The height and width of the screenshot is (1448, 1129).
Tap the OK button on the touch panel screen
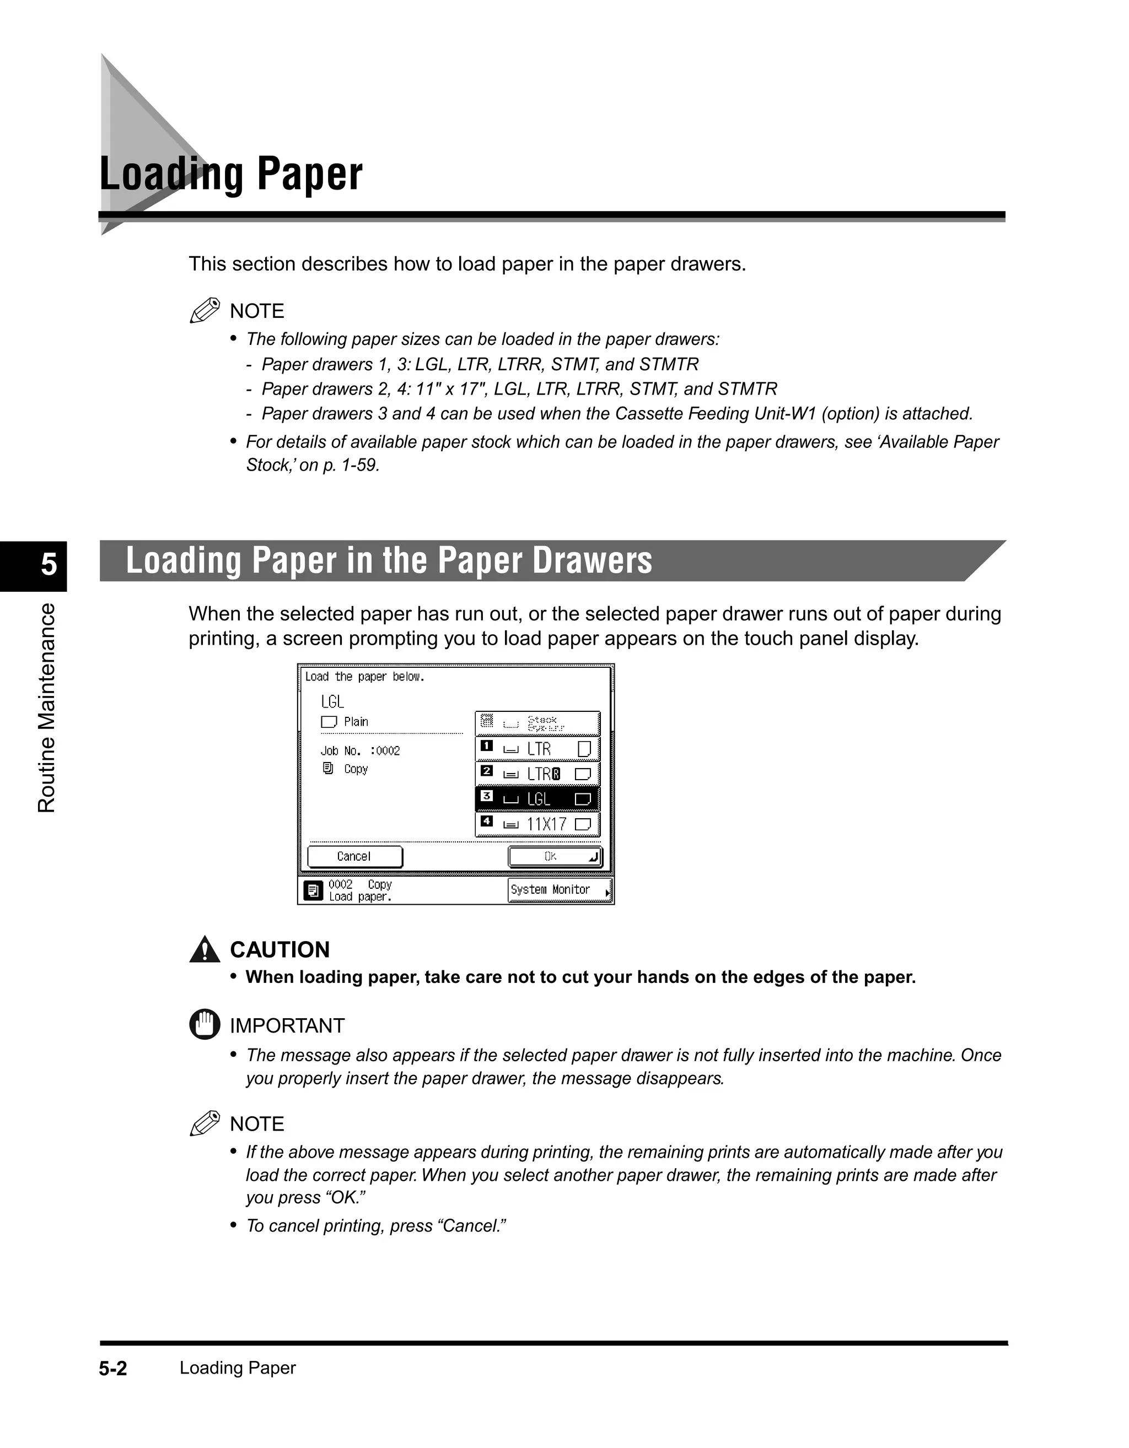coord(555,857)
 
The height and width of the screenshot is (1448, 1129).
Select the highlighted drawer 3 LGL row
coord(537,799)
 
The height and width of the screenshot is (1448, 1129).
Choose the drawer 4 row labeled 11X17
coord(537,824)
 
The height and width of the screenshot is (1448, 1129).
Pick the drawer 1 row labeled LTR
coord(537,749)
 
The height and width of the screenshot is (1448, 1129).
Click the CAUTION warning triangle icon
coord(205,949)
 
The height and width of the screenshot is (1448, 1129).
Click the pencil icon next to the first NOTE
coord(205,310)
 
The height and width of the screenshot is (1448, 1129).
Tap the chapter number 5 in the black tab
coord(49,565)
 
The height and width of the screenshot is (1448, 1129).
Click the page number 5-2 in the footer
coord(113,1369)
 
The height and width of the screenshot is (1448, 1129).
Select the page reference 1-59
coord(359,466)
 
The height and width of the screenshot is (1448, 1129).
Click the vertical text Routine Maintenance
coord(46,707)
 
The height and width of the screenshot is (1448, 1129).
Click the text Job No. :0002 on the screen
coord(360,750)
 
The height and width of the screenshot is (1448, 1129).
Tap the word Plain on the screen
coord(356,721)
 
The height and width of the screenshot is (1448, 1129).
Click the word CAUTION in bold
coord(279,949)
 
